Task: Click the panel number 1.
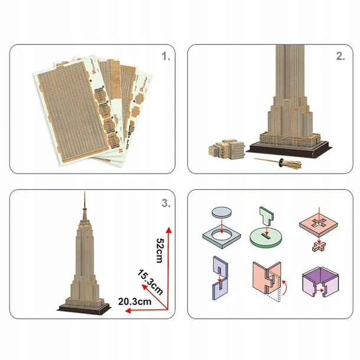pyautogui.click(x=166, y=57)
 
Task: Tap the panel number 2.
pyautogui.click(x=340, y=57)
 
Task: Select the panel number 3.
pyautogui.click(x=166, y=204)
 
